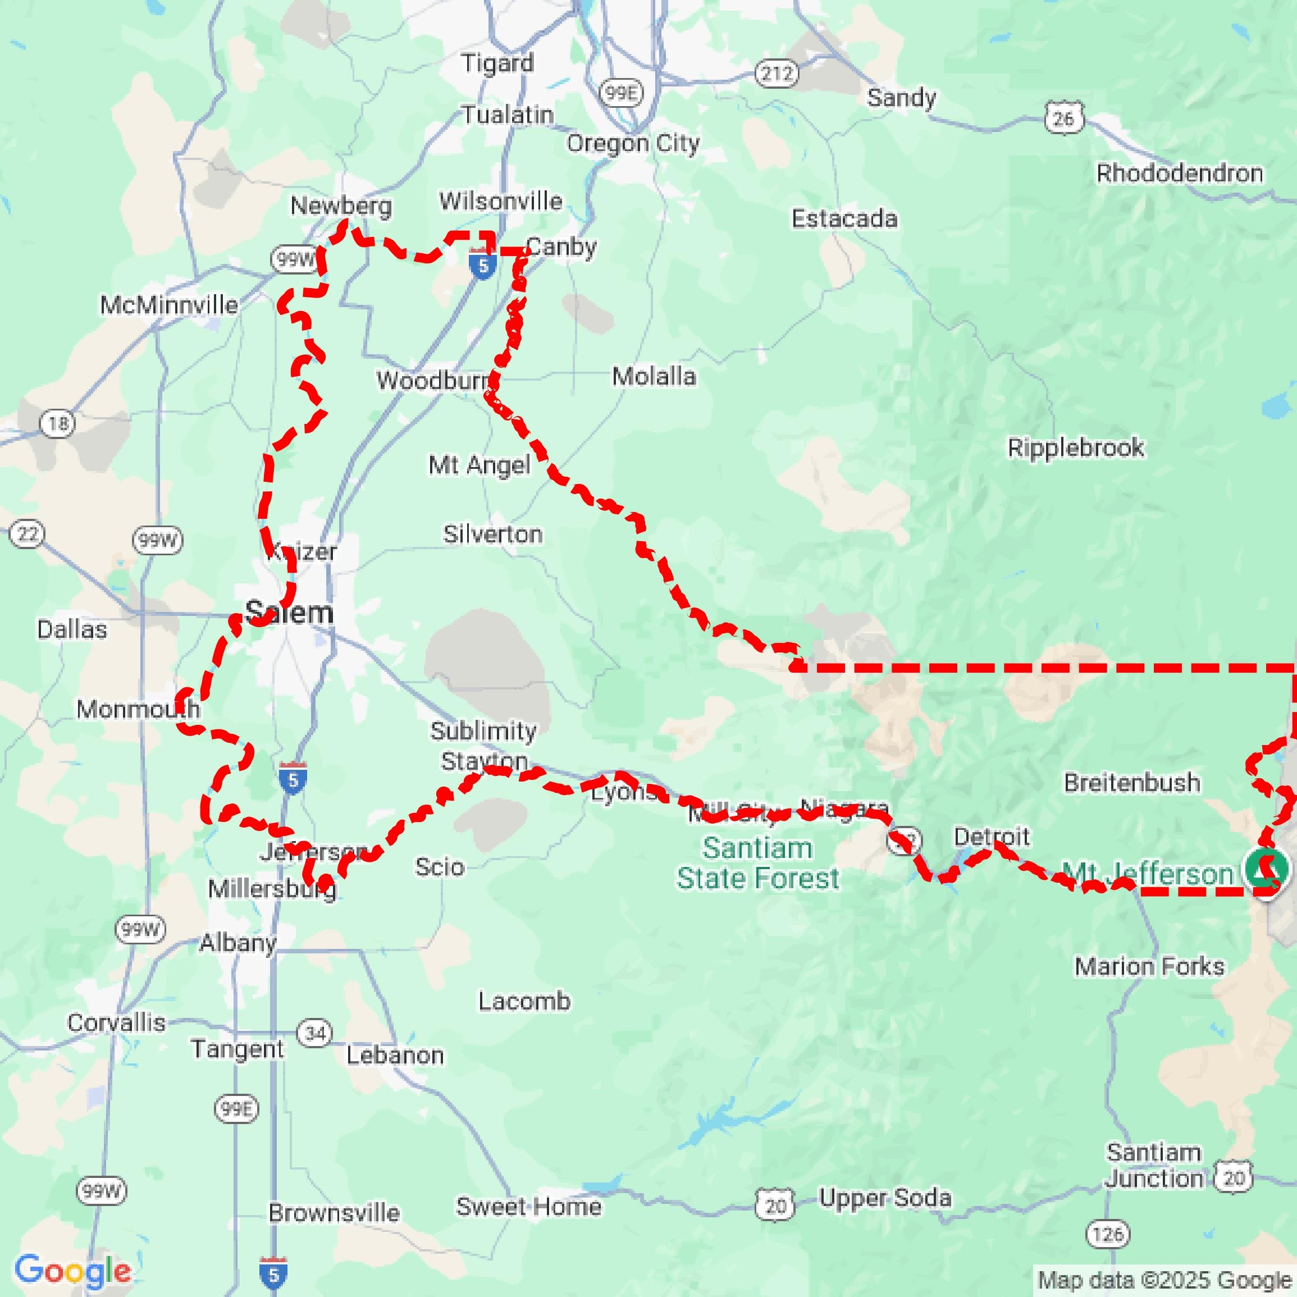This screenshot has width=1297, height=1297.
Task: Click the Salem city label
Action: tap(289, 612)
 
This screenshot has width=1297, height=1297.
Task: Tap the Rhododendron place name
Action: tap(1179, 173)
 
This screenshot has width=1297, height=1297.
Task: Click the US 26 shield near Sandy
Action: tap(1064, 119)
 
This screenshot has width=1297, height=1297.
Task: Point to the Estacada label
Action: tap(844, 219)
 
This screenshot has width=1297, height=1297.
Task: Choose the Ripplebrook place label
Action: tap(1075, 448)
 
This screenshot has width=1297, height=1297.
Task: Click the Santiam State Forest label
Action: tap(757, 862)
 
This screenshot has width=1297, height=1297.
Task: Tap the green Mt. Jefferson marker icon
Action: tap(1266, 868)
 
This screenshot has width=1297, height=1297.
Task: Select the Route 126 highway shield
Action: tap(1108, 1234)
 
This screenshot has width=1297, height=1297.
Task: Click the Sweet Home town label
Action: tap(528, 1207)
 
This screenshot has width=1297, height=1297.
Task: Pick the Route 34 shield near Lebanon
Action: tap(314, 1033)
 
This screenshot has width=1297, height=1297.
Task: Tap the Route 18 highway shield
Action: tap(58, 423)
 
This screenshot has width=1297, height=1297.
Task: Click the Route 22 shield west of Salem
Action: tap(28, 535)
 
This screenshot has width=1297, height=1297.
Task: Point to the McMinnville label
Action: tap(169, 305)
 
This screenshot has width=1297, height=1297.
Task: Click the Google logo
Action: tap(72, 1271)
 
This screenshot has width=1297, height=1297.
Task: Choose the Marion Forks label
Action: tap(1149, 966)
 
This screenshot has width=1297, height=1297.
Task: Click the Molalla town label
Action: tap(654, 377)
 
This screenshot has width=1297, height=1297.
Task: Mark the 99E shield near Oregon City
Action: tap(620, 93)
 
